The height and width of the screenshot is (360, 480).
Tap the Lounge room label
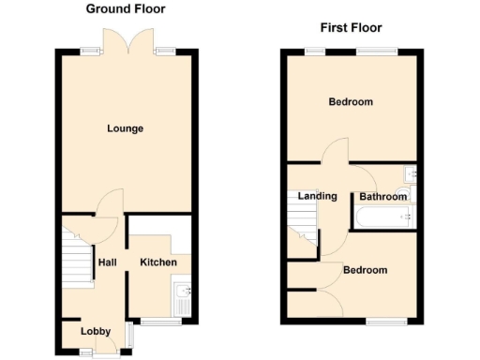coord(125,128)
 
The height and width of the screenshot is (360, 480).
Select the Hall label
coord(107,262)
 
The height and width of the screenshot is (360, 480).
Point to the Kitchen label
coord(158,262)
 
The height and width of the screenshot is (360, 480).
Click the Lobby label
coord(96,332)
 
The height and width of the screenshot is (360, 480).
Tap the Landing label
coord(318,196)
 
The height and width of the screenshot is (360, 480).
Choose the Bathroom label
coord(383,197)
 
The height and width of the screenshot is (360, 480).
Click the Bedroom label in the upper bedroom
coord(351,102)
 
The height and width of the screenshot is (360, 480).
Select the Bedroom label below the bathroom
coord(365,271)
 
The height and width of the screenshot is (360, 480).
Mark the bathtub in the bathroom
coord(383,218)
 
